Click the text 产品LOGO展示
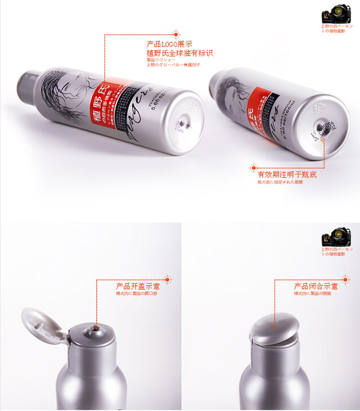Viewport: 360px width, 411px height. click(x=169, y=44)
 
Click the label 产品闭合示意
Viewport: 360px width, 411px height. click(x=312, y=286)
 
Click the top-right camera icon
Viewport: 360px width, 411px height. click(x=334, y=14)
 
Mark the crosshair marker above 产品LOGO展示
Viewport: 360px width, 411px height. click(x=176, y=34)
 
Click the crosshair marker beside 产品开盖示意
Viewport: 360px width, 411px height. click(x=166, y=278)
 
